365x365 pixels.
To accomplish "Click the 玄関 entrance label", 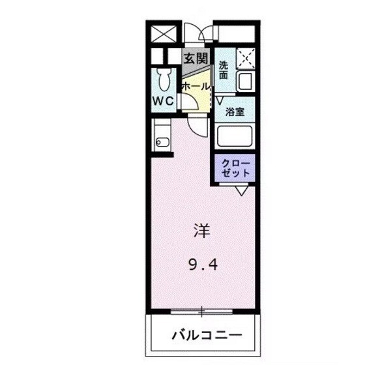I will click(195, 58).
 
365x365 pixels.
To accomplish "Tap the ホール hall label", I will click(195, 86).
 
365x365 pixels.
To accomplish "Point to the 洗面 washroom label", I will click(224, 70).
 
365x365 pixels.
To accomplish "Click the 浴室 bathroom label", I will click(235, 111).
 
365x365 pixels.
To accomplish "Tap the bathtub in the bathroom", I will click(235, 136).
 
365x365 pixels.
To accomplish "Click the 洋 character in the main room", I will click(201, 230).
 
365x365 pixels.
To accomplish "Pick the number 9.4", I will click(201, 265).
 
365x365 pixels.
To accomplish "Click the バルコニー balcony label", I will click(206, 336).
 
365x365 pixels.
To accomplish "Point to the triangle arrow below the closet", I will click(241, 191).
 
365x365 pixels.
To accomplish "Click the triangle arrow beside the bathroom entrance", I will click(220, 100).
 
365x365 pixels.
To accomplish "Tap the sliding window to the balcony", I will click(202, 308).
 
